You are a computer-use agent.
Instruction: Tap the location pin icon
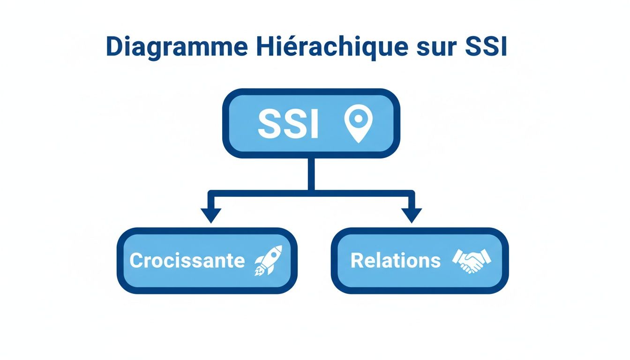[358, 123]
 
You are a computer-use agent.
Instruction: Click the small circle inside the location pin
[358, 119]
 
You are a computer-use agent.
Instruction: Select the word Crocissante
[187, 261]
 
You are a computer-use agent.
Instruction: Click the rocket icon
[269, 260]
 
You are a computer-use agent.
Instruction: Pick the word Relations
[396, 261]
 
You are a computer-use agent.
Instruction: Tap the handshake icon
[472, 261]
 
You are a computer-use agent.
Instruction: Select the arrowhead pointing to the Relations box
[412, 216]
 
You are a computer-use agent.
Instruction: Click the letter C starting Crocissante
[136, 261]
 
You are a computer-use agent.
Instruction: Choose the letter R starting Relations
[357, 261]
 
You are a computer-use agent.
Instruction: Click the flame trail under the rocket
[259, 270]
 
